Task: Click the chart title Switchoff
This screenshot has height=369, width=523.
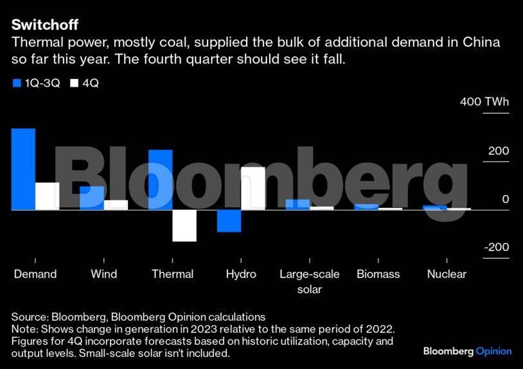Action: [x=44, y=25]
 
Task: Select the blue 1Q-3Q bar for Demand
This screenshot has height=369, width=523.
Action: [x=23, y=169]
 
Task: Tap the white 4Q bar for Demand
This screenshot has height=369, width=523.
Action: [x=47, y=196]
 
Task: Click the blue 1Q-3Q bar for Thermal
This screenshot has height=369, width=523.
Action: [x=161, y=180]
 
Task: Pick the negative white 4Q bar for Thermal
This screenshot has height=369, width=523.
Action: [x=184, y=225]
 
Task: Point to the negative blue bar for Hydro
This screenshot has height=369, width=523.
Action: [x=229, y=220]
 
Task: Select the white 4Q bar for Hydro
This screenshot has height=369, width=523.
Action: [x=253, y=188]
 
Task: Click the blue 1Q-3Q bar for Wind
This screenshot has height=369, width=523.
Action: [x=92, y=198]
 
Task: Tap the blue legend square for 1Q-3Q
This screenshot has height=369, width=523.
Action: [x=16, y=83]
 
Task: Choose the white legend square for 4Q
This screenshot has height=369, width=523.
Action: [x=74, y=83]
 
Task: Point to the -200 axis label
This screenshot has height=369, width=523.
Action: [x=497, y=248]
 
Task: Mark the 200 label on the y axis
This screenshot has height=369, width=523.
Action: [x=498, y=151]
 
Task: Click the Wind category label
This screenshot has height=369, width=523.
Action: [x=104, y=274]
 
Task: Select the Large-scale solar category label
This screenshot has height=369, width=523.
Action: [x=309, y=281]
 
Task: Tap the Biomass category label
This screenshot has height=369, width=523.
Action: [x=378, y=274]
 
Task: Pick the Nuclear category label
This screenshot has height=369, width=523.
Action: [x=447, y=274]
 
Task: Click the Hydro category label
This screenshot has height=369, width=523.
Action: [x=241, y=274]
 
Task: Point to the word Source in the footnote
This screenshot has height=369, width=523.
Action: [x=28, y=317]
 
